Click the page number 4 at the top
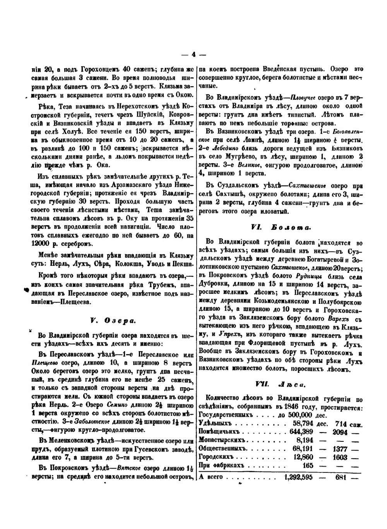point(193,55)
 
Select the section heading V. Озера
point(112,320)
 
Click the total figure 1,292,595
point(298,477)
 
